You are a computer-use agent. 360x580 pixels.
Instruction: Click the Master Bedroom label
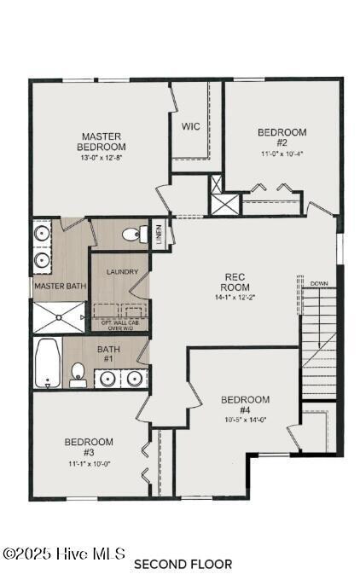pos(101,142)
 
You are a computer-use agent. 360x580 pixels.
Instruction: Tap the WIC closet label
pos(191,126)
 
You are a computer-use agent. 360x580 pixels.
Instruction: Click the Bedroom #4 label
pos(245,404)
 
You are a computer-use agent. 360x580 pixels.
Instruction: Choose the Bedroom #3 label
pos(89,446)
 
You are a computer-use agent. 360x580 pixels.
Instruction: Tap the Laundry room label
pos(122,272)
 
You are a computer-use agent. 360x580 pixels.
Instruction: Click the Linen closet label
pos(159,233)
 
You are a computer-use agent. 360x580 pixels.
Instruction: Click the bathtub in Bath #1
pos(47,362)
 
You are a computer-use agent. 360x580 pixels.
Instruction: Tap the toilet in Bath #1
pos(77,373)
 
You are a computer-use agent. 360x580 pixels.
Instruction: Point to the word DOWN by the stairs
pos(319,283)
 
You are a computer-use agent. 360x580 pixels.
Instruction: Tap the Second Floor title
pos(183,564)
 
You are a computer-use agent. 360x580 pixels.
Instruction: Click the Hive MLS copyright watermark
pos(64,554)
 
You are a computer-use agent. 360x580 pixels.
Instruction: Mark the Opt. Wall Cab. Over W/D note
pos(120,325)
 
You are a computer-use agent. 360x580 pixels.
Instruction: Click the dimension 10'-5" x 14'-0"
pos(245,420)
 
